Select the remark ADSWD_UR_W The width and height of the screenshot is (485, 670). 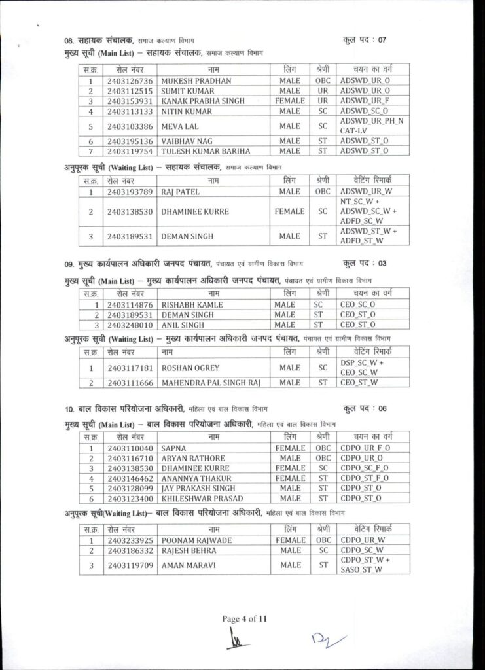point(365,192)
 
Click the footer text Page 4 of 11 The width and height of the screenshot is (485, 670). point(243,619)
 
